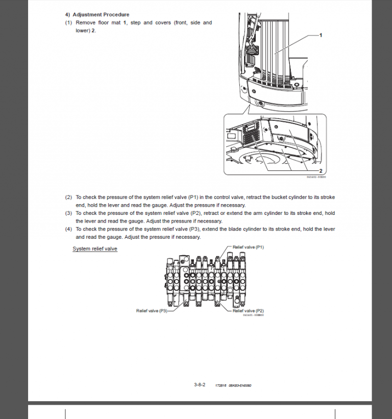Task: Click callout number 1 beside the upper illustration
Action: click(x=320, y=35)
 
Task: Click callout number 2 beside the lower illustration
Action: click(x=320, y=170)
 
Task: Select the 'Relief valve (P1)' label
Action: click(x=248, y=247)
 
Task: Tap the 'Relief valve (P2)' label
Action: click(x=248, y=310)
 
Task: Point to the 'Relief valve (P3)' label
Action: click(x=152, y=310)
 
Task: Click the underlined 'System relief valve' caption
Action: click(x=95, y=249)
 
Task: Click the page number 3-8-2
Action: click(x=200, y=384)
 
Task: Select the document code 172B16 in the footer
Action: click(x=220, y=385)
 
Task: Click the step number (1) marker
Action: click(x=68, y=23)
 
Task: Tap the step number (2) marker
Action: click(x=68, y=197)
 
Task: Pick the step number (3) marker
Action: click(x=68, y=213)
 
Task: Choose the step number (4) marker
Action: click(x=68, y=229)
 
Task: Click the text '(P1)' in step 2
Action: click(x=193, y=197)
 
